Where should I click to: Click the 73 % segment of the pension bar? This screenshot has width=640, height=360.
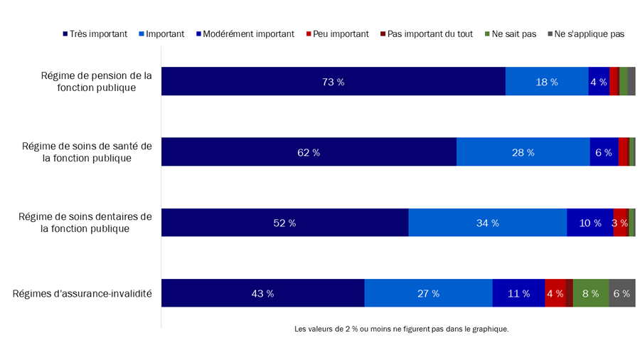click(x=333, y=82)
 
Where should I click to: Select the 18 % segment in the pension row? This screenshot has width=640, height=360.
click(x=546, y=82)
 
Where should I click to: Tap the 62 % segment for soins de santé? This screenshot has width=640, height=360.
click(x=309, y=152)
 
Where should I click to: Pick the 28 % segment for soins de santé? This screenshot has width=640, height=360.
click(x=523, y=152)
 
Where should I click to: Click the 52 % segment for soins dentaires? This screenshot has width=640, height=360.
click(x=284, y=223)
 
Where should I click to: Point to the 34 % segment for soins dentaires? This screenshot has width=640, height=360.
click(x=487, y=223)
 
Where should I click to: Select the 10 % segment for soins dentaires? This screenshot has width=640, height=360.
click(x=590, y=223)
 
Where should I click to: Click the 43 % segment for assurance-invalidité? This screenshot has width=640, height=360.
click(x=262, y=293)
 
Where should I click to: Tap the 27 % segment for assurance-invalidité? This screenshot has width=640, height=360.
click(x=428, y=293)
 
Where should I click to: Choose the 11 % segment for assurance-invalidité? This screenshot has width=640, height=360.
click(x=518, y=293)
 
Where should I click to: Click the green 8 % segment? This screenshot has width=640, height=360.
click(x=590, y=293)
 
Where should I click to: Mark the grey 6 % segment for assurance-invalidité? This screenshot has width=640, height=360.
click(x=622, y=293)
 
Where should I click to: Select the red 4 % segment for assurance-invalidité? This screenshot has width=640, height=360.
click(x=555, y=293)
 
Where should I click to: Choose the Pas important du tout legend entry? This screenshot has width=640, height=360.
click(x=427, y=33)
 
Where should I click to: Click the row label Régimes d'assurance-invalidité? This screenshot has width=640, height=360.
click(x=82, y=293)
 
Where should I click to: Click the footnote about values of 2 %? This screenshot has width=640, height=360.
click(x=401, y=329)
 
